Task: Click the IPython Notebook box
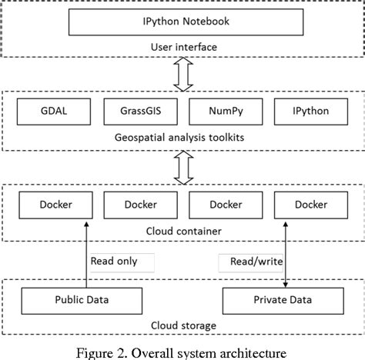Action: click(x=183, y=22)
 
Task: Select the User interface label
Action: click(x=183, y=47)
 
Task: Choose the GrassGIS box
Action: click(x=140, y=111)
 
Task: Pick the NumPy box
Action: click(x=226, y=111)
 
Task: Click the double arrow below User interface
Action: click(x=183, y=75)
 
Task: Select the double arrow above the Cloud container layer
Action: click(x=183, y=165)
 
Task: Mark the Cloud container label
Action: click(x=183, y=229)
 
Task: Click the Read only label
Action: click(x=114, y=261)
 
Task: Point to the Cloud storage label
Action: click(x=183, y=325)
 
